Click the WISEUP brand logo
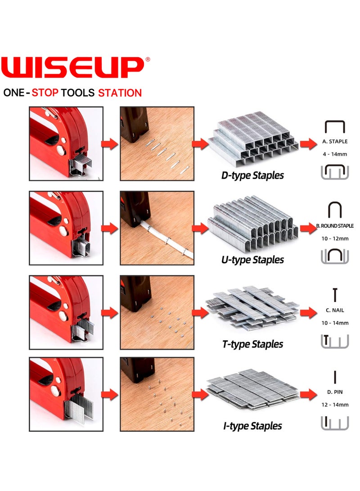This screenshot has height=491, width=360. pos(72,67)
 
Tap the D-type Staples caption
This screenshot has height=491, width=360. pos(252,175)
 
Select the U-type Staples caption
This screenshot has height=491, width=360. pos(252,260)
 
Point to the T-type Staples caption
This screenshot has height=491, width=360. pos(252,344)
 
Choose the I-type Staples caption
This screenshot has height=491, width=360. pos(252,426)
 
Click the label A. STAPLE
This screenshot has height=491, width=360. pos(335,141)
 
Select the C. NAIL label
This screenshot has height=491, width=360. pos(335,311)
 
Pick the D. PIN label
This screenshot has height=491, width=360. pos(335,392)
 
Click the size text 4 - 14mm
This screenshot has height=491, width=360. pos(335,154)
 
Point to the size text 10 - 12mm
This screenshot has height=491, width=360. pos(335,238)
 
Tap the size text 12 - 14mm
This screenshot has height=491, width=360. pos(335,405)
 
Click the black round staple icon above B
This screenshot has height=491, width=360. pos(335,210)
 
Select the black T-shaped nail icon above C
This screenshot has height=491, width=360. pos(335,295)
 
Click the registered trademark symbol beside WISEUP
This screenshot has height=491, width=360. pos(148,59)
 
